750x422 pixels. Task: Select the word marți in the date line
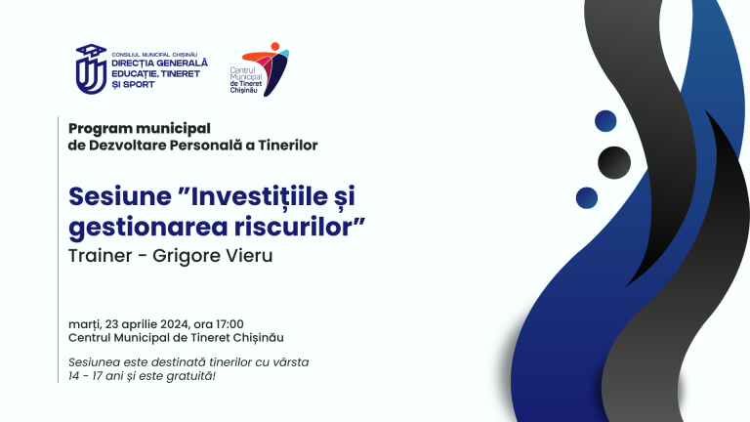(85, 323)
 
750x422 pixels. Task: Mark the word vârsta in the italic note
(290, 360)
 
